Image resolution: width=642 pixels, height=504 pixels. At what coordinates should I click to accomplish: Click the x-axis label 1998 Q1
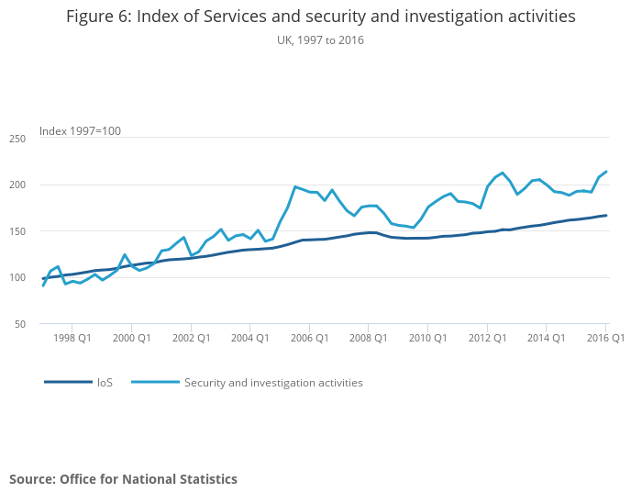point(72,338)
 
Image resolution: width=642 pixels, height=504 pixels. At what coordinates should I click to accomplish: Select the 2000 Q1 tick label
point(131,338)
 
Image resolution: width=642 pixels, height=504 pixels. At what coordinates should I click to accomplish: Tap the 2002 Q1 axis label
point(190,338)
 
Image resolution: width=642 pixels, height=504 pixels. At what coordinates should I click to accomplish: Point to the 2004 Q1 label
point(249,338)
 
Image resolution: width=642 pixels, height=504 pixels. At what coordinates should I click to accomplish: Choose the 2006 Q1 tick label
point(309,338)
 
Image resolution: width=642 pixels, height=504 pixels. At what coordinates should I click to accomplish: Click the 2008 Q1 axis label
point(368,338)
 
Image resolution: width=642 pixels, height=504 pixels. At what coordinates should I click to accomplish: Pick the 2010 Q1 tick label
point(427,338)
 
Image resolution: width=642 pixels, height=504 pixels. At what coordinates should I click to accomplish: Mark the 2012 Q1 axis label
point(487,338)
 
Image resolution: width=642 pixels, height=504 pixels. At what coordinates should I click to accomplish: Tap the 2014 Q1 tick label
point(546,338)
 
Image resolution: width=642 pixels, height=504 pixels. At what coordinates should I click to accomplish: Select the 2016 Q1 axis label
point(604,338)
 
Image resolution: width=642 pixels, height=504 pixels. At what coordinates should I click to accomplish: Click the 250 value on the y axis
point(43,138)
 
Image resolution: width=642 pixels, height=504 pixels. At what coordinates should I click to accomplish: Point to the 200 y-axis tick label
point(43,185)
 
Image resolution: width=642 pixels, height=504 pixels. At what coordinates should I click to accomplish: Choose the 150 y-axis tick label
point(43,231)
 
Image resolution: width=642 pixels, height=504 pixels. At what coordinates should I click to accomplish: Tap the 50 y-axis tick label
point(46,324)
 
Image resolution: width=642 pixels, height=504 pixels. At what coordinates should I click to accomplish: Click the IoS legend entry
point(105,383)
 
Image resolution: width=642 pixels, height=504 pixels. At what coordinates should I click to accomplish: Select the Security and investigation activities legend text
point(273,383)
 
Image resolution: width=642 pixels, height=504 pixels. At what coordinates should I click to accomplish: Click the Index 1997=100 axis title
point(80,131)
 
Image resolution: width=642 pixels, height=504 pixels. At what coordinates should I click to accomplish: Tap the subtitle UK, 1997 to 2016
point(320,40)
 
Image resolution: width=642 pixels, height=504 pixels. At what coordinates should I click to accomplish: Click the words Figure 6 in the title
point(97,18)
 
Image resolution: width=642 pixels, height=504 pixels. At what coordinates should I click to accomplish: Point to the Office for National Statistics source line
point(123,479)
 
